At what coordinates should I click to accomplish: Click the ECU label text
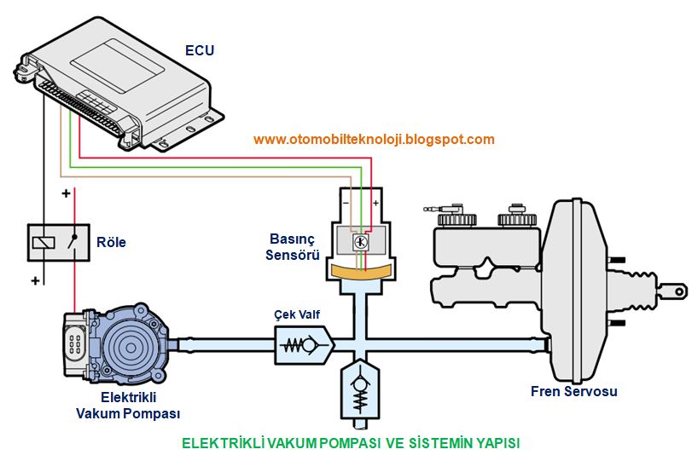[200, 50]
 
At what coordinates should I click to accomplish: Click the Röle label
[111, 243]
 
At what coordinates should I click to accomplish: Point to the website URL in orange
[374, 139]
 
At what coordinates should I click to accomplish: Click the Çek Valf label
[297, 314]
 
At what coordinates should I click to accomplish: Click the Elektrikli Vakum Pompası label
[127, 406]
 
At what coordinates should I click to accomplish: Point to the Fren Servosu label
[573, 392]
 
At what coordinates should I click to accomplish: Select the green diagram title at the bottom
[351, 443]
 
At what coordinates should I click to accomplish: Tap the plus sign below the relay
[36, 280]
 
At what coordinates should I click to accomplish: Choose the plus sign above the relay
[66, 194]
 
